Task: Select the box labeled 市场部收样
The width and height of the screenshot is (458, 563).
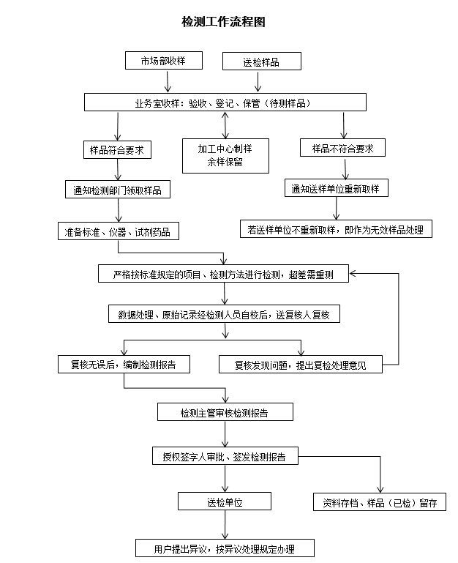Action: (162, 61)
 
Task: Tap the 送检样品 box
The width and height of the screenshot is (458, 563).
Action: (261, 62)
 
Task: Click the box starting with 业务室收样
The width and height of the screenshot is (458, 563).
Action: (225, 102)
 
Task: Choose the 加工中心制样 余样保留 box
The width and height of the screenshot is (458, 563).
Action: (225, 155)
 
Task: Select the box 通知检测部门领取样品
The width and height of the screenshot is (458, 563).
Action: (117, 190)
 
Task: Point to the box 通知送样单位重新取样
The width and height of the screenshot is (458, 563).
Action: (336, 189)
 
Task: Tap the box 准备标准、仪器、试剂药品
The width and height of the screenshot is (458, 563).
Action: (118, 232)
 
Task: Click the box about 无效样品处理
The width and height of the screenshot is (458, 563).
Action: (336, 230)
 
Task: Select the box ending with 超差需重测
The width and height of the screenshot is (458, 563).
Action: (224, 274)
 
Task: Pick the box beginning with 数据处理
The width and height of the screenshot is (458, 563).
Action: (224, 314)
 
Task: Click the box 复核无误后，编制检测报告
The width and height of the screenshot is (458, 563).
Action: (122, 363)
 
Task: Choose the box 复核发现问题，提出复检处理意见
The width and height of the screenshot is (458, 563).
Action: (300, 364)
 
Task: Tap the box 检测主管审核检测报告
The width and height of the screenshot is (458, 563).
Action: (225, 413)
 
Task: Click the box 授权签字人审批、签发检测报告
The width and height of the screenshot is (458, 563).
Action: (225, 456)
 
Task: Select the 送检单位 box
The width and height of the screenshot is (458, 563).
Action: (225, 502)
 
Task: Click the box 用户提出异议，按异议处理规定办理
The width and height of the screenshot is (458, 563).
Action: (225, 548)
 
